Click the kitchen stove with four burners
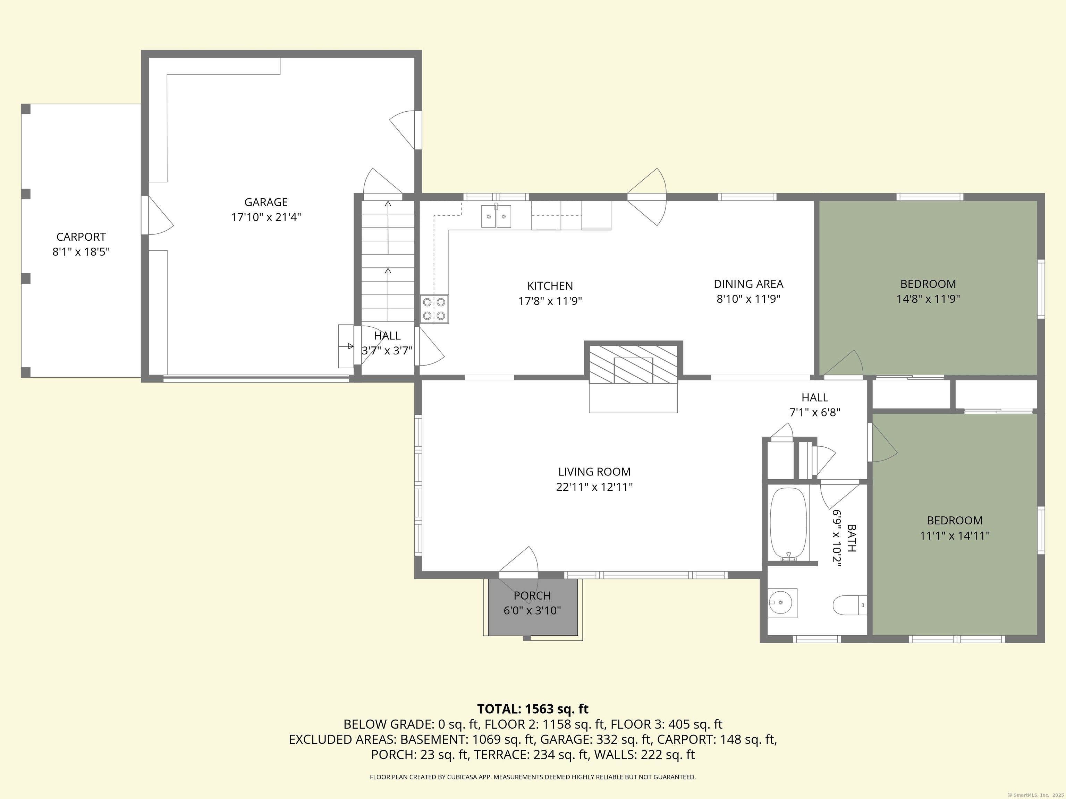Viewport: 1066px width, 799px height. [434, 309]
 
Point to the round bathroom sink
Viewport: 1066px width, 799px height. [782, 602]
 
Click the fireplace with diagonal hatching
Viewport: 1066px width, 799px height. [633, 364]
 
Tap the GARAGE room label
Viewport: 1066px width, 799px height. [266, 202]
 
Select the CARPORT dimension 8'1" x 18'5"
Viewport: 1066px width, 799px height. [81, 252]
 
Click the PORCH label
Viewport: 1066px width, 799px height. [532, 596]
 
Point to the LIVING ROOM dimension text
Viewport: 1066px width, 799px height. [594, 487]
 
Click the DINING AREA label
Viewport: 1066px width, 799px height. [748, 284]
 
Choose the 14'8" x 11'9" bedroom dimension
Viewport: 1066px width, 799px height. [928, 299]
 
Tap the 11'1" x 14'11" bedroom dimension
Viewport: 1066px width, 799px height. [954, 535]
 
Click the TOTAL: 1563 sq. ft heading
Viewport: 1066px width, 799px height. [533, 709]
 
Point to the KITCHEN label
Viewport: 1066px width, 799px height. [550, 286]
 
